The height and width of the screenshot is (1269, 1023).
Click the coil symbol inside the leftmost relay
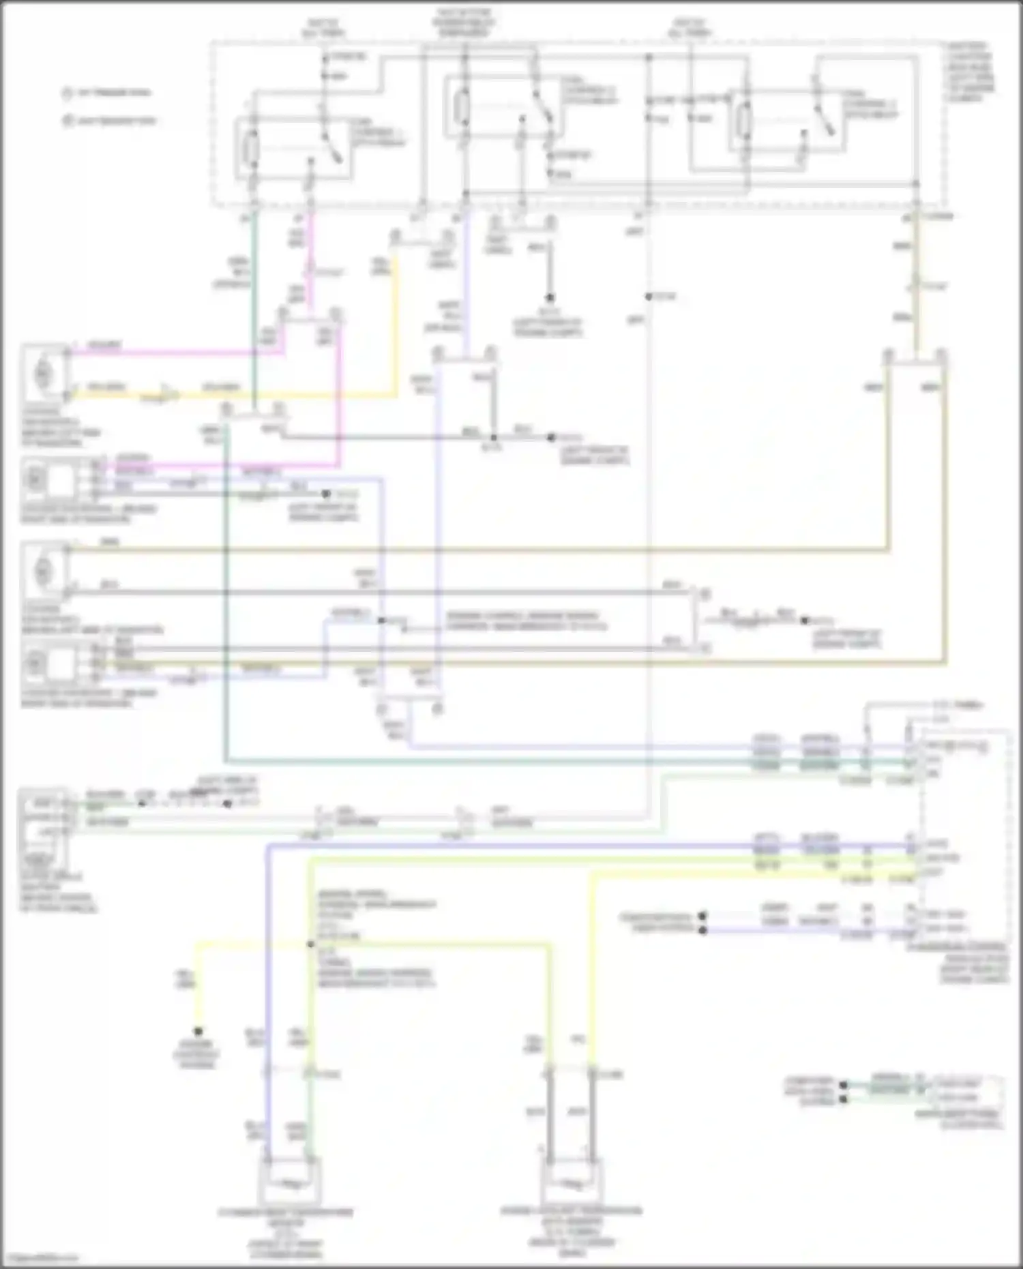(251, 149)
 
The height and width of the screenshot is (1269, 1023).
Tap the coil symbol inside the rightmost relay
(745, 121)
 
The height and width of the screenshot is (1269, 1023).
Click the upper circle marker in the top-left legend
(68, 93)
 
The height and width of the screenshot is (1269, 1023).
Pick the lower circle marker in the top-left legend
(68, 121)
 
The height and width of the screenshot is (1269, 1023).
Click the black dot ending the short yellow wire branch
(198, 1031)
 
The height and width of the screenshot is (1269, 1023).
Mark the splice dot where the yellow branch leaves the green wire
(310, 944)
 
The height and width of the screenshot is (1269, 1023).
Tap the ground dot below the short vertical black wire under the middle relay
(550, 298)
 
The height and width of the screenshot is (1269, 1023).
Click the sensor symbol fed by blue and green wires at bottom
(290, 1183)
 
